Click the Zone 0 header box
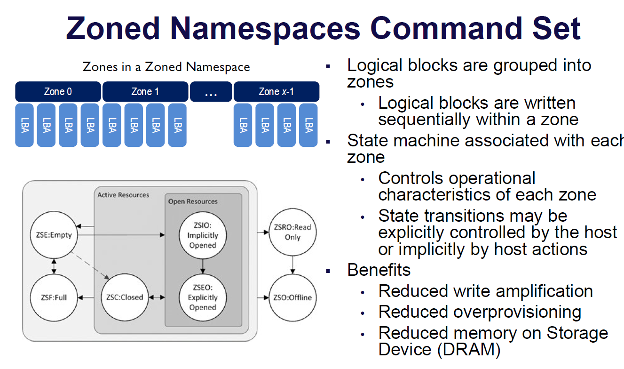click(x=58, y=92)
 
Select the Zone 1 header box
click(x=145, y=92)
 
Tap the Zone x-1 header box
click(x=276, y=92)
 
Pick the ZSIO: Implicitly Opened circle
click(x=203, y=235)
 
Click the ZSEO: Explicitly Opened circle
click(x=203, y=297)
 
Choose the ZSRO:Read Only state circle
click(x=292, y=232)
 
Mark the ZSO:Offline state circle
click(x=292, y=297)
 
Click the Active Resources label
click(x=123, y=195)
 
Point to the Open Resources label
click(x=193, y=201)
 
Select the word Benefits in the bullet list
click(x=379, y=270)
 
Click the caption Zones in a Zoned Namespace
click(x=166, y=67)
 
